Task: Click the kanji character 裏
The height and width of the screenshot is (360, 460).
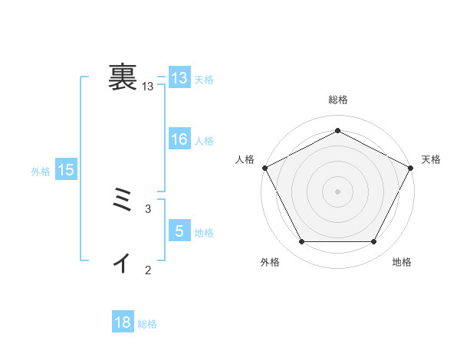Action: (x=123, y=77)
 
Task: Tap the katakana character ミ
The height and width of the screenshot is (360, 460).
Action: (x=123, y=201)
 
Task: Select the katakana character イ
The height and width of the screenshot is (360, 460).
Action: (x=123, y=263)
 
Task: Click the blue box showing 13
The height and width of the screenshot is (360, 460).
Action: (x=179, y=78)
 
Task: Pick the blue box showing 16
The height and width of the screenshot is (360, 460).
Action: (x=179, y=139)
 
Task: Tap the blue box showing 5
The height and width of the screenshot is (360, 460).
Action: (x=179, y=231)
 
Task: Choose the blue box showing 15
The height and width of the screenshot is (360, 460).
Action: (x=66, y=171)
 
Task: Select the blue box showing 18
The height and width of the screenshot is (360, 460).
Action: (x=123, y=323)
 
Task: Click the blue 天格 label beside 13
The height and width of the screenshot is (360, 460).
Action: (x=204, y=80)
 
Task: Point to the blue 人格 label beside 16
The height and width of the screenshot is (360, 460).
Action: (x=204, y=141)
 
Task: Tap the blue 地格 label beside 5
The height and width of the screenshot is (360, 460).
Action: (x=204, y=233)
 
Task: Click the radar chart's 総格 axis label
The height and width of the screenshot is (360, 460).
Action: (x=337, y=100)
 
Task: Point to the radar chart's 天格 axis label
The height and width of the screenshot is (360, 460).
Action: (x=432, y=159)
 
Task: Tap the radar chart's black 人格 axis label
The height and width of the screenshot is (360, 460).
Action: (x=245, y=159)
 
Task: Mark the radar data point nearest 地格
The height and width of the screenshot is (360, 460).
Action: (x=374, y=242)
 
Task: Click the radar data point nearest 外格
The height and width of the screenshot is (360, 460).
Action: (x=301, y=242)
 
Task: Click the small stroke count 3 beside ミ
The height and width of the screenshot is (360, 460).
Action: (x=148, y=208)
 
